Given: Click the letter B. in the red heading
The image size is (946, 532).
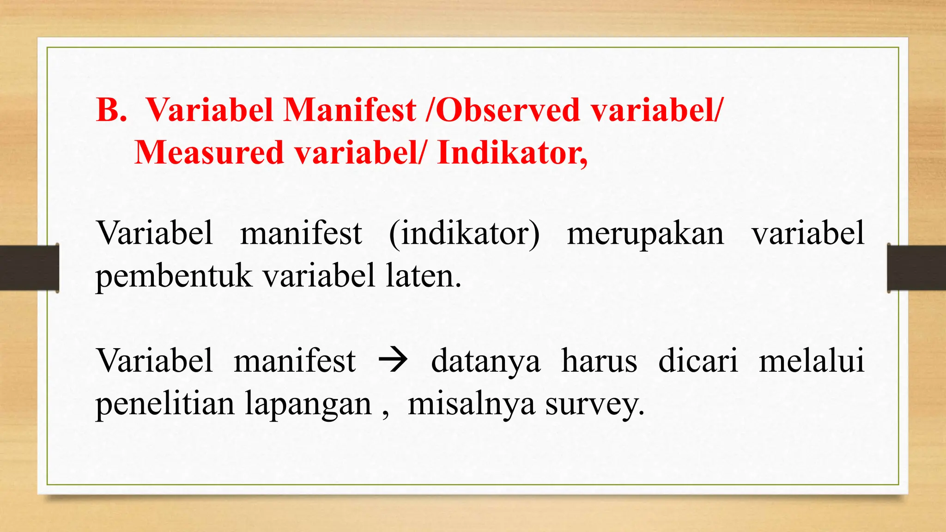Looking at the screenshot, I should click(111, 110).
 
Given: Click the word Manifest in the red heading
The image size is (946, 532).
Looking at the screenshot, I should click(350, 110).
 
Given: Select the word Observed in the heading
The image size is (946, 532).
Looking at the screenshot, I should click(508, 110).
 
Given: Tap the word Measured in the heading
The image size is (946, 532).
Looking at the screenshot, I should click(209, 153).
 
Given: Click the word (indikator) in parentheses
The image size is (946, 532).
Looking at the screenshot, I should click(464, 233).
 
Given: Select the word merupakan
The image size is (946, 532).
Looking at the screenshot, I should click(645, 233).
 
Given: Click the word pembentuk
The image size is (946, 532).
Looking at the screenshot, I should click(174, 277).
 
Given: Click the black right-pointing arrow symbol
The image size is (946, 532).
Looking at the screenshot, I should click(393, 360).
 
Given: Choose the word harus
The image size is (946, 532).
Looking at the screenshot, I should click(599, 361).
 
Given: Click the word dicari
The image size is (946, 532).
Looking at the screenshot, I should click(698, 361).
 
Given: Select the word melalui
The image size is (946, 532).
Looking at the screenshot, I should click(812, 361).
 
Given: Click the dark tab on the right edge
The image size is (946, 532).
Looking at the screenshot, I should click(916, 268).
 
